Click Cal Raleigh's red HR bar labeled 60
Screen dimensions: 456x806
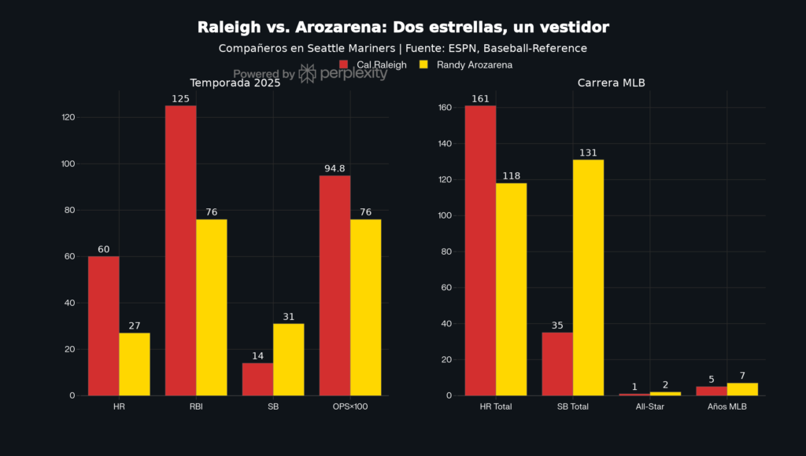pyautogui.click(x=103, y=325)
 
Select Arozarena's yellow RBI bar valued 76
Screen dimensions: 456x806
pyautogui.click(x=211, y=307)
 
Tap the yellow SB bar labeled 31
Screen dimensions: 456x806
pyautogui.click(x=288, y=359)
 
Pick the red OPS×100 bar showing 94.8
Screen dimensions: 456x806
pyautogui.click(x=335, y=285)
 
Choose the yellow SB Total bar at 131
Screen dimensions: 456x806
pyautogui.click(x=588, y=278)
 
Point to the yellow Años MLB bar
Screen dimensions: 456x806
pyautogui.click(x=742, y=389)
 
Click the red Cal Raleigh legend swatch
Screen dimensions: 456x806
pyautogui.click(x=343, y=64)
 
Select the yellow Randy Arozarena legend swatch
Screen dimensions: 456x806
pyautogui.click(x=423, y=64)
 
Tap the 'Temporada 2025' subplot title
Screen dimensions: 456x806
pyautogui.click(x=235, y=83)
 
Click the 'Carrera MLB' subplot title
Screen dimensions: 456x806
pyautogui.click(x=612, y=83)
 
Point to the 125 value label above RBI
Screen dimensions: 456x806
pyautogui.click(x=180, y=99)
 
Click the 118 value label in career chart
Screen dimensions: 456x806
pyautogui.click(x=511, y=176)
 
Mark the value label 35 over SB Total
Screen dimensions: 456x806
pyautogui.click(x=557, y=325)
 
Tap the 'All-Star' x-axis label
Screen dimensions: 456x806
pyautogui.click(x=649, y=407)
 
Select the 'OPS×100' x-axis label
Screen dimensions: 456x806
pyautogui.click(x=349, y=407)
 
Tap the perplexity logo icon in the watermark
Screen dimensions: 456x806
pyautogui.click(x=308, y=74)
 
